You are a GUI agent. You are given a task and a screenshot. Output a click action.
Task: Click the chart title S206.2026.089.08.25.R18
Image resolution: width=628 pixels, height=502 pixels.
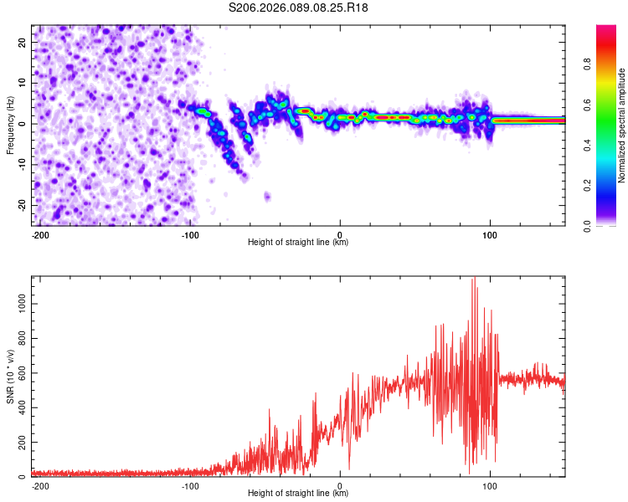pyautogui.click(x=298, y=8)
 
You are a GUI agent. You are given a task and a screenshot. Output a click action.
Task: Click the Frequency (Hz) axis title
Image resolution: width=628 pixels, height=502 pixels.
pyautogui.click(x=10, y=125)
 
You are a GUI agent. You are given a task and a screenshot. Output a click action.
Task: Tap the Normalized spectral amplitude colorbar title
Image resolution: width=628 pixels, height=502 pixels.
pyautogui.click(x=621, y=125)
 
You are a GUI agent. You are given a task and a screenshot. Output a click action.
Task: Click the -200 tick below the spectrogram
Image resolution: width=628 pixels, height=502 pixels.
pyautogui.click(x=39, y=235)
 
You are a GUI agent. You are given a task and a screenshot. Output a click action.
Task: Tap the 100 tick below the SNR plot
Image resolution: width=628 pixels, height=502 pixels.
pyautogui.click(x=491, y=486)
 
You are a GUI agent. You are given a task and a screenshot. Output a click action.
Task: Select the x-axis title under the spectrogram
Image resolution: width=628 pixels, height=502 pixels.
pyautogui.click(x=298, y=243)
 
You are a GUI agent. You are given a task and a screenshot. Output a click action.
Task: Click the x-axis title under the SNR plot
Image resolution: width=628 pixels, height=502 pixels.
pyautogui.click(x=298, y=494)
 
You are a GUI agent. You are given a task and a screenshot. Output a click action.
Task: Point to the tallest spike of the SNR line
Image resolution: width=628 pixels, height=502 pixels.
pyautogui.click(x=474, y=279)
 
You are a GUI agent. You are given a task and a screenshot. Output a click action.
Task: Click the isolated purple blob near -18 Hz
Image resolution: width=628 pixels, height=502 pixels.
pyautogui.click(x=267, y=197)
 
